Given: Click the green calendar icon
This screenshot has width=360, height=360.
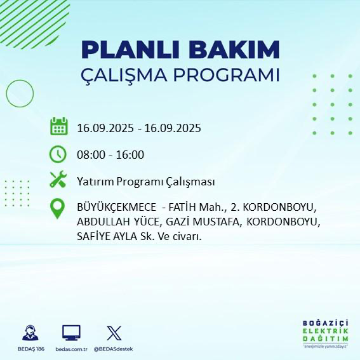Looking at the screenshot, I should (58, 126).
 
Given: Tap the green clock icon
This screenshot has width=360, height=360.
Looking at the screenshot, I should (58, 154).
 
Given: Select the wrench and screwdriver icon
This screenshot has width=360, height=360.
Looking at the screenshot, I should (58, 181).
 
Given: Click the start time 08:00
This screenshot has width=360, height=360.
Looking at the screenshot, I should (90, 154).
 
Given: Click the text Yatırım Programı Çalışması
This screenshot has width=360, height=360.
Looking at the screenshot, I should (145, 182).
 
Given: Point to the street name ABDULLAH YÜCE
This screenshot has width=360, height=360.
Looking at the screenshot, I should (117, 222).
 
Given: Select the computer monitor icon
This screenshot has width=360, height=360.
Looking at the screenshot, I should (71, 333).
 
